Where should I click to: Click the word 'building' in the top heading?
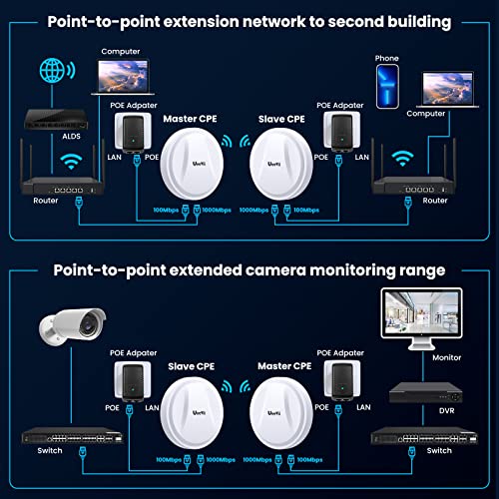[x=413, y=21]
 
